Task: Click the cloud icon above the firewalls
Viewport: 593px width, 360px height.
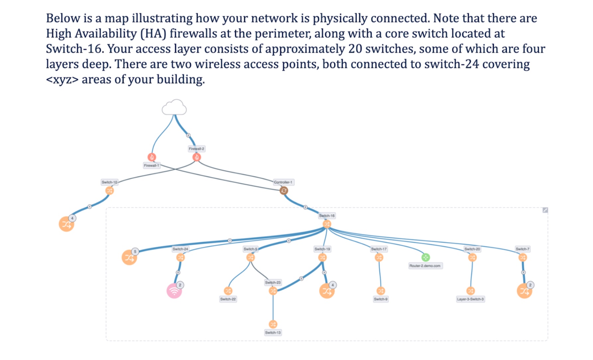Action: pyautogui.click(x=174, y=107)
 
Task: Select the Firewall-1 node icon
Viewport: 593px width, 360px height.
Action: pyautogui.click(x=152, y=157)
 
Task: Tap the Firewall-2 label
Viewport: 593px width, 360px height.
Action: pyautogui.click(x=196, y=149)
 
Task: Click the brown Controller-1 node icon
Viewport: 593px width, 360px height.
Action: pyautogui.click(x=284, y=191)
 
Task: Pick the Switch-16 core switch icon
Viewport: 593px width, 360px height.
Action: pyautogui.click(x=327, y=224)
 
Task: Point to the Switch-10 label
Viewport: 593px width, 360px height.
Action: pyautogui.click(x=109, y=182)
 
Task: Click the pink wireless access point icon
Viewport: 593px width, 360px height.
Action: pyautogui.click(x=174, y=291)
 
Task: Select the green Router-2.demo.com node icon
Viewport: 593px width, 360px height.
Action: pyautogui.click(x=425, y=257)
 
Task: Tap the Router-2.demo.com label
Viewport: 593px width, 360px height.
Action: pyautogui.click(x=425, y=266)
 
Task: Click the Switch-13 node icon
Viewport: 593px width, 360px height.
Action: pyautogui.click(x=273, y=324)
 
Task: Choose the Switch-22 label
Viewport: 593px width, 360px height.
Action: pyautogui.click(x=228, y=299)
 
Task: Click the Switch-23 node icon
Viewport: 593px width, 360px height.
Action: pyautogui.click(x=273, y=291)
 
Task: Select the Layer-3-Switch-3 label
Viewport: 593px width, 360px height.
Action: pyautogui.click(x=470, y=299)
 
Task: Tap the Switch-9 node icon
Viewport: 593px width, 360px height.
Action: pyautogui.click(x=381, y=291)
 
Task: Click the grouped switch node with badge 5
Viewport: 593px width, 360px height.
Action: pyautogui.click(x=129, y=258)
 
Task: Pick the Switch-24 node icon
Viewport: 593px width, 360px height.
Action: pyautogui.click(x=180, y=257)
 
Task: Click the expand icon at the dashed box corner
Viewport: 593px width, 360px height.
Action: pyautogui.click(x=545, y=210)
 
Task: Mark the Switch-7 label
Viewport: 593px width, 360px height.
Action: pyautogui.click(x=522, y=249)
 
